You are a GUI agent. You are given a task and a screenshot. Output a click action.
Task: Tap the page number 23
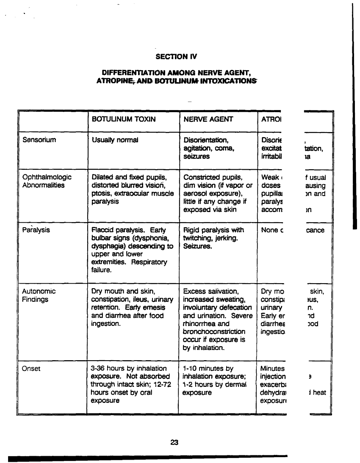174,442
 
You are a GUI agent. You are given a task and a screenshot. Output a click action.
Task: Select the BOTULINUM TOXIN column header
124,119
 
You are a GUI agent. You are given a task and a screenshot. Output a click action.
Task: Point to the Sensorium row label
39,140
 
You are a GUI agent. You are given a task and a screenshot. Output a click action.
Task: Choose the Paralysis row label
36,230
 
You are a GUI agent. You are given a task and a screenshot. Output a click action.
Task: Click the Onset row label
31,368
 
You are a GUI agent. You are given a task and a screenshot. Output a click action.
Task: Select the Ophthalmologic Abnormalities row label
47,181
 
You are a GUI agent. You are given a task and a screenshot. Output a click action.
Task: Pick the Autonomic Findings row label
39,295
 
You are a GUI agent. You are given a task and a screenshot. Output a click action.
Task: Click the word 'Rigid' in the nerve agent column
192,230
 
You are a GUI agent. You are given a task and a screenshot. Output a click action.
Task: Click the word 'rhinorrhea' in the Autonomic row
200,323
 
